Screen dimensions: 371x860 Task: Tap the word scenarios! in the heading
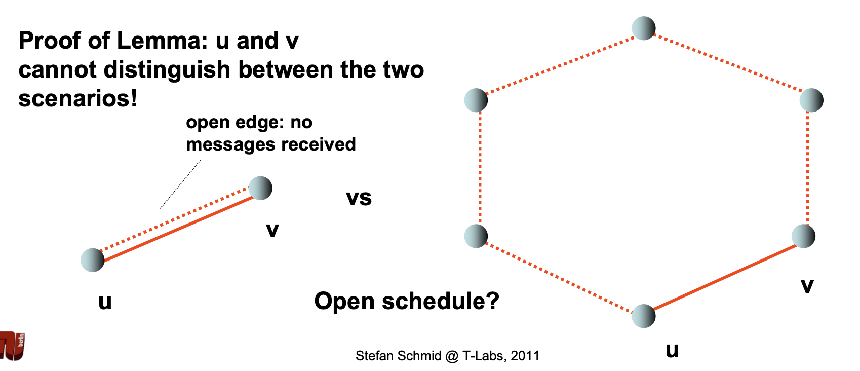(x=78, y=98)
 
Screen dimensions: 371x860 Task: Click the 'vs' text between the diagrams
(x=359, y=198)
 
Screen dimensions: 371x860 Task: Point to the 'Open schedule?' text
(x=407, y=301)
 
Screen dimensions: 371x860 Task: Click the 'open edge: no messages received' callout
(x=270, y=133)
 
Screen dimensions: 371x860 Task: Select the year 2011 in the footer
(x=525, y=356)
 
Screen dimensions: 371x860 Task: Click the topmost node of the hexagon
(x=644, y=28)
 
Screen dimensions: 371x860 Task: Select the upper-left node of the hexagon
(x=476, y=100)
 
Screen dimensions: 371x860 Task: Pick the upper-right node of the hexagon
(x=811, y=100)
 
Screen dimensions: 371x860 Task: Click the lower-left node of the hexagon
(x=476, y=236)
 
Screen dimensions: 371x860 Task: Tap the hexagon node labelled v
(x=803, y=236)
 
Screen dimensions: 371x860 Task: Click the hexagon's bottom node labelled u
(x=644, y=316)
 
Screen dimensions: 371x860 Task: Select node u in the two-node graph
(x=93, y=260)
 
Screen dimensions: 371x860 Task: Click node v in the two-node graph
(x=260, y=188)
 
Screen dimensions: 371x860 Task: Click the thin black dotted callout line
(x=180, y=184)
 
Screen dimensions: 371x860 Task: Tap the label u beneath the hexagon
(x=672, y=350)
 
